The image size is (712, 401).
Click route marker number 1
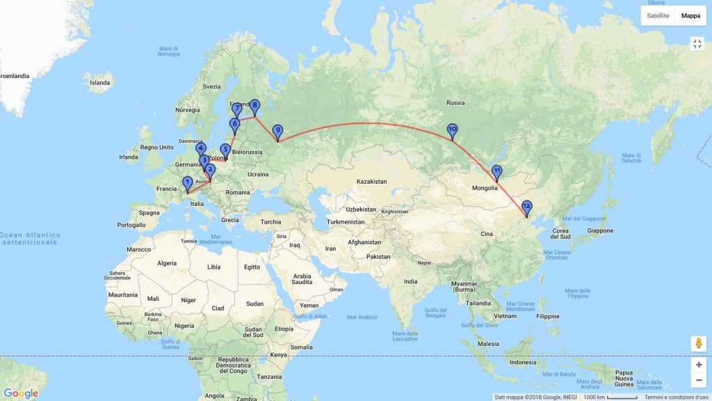(x=187, y=183)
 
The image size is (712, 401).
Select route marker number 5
(x=225, y=150)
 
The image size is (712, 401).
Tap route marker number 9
(x=278, y=131)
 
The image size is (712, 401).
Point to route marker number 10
(x=453, y=129)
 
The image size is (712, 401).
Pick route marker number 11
(x=497, y=171)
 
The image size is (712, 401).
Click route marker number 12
(x=526, y=206)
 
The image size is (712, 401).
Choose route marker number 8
(x=255, y=106)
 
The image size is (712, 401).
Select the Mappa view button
(x=690, y=15)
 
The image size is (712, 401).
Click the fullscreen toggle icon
(x=697, y=44)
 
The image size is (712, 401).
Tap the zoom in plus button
(x=698, y=365)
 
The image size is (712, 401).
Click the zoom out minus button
(x=698, y=380)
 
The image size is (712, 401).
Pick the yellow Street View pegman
(x=698, y=344)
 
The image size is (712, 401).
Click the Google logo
(x=21, y=393)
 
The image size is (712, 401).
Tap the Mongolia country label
(x=485, y=188)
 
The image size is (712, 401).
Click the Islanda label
(x=99, y=83)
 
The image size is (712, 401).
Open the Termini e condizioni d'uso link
(x=675, y=397)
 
